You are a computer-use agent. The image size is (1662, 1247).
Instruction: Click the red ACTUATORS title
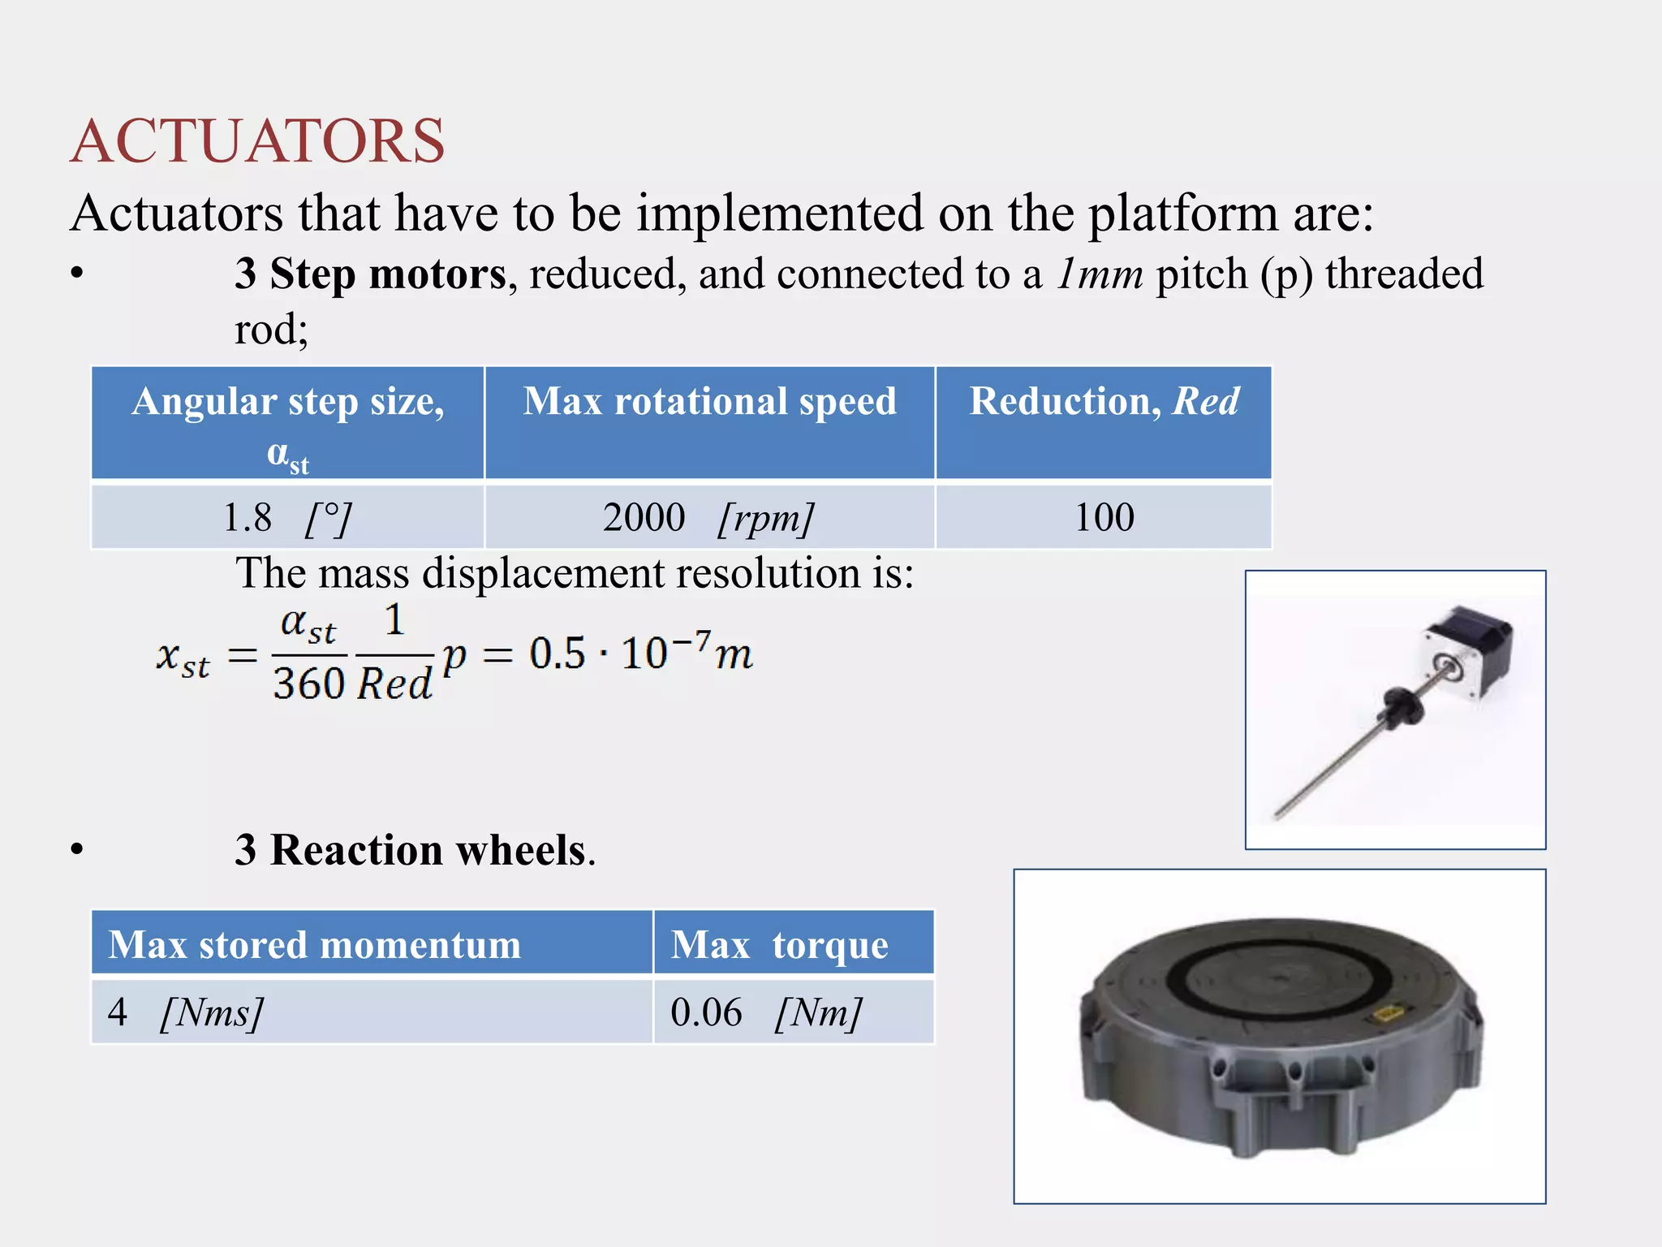257,141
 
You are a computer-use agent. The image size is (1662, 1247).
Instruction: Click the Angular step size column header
288,423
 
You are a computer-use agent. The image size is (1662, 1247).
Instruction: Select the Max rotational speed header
709,423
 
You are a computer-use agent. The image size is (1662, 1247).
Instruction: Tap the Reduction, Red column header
1104,423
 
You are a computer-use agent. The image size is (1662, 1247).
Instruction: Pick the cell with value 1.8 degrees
288,517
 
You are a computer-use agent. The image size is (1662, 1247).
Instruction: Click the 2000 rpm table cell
709,517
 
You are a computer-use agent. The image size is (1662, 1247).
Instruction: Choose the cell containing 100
1104,517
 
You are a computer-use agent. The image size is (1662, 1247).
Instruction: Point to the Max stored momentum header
372,943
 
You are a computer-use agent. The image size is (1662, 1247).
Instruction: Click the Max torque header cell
794,943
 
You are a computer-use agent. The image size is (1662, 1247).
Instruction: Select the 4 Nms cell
372,1012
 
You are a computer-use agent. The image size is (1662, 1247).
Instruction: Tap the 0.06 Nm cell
794,1012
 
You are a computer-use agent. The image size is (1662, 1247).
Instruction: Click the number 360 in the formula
309,684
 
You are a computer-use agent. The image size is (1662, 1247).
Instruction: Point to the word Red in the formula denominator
394,684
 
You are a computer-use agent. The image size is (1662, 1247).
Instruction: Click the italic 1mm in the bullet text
1100,274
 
